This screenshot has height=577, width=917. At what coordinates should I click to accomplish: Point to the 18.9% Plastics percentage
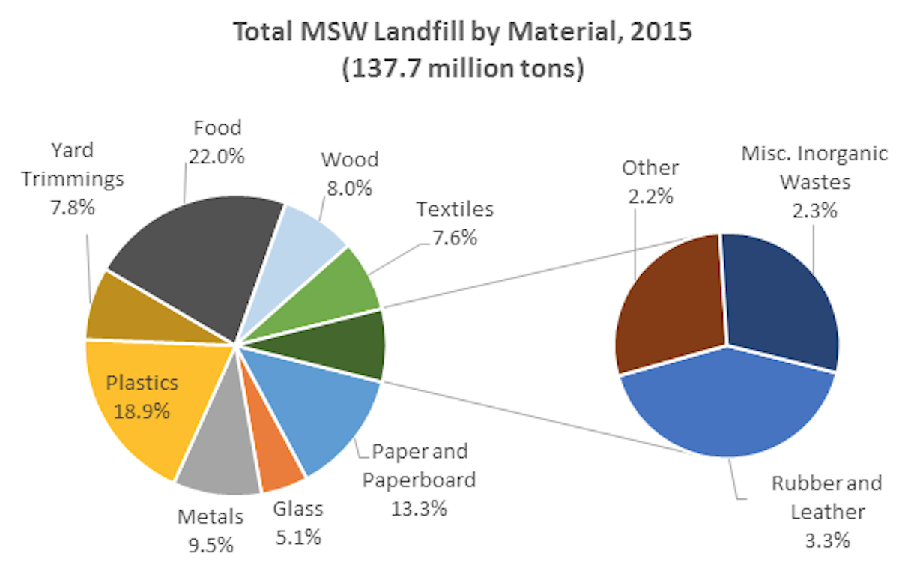[x=142, y=411]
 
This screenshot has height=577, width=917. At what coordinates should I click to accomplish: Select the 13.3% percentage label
[x=419, y=507]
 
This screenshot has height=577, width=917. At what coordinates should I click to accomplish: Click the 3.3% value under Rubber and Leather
[x=818, y=540]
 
